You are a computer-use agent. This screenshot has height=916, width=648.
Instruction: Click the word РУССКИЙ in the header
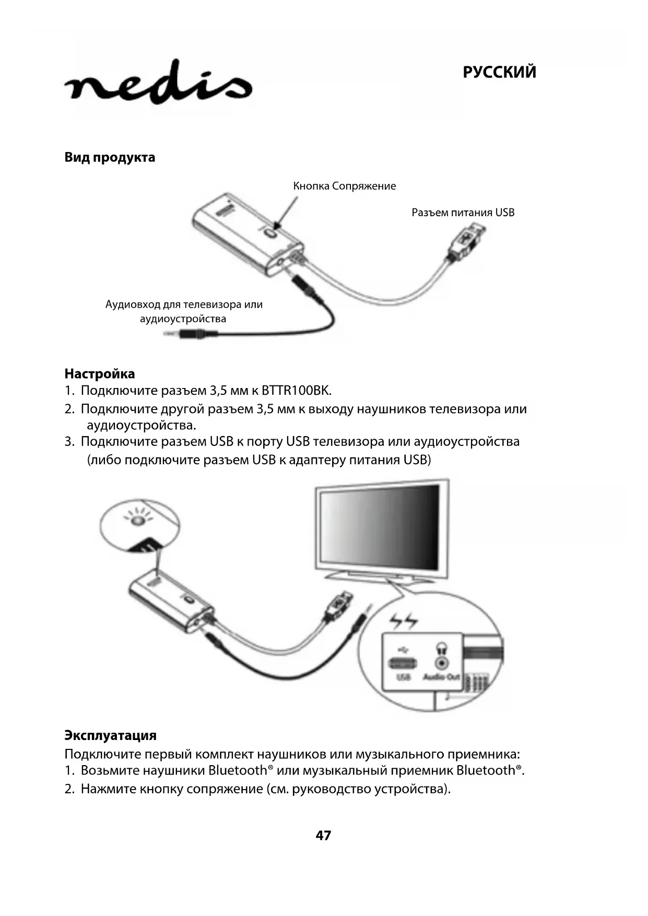(499, 72)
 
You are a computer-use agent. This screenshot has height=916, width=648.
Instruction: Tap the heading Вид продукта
(110, 157)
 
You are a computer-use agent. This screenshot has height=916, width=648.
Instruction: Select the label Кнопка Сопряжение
(344, 186)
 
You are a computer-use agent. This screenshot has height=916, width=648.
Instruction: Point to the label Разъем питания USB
(463, 213)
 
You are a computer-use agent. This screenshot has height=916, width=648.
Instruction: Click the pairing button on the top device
(271, 233)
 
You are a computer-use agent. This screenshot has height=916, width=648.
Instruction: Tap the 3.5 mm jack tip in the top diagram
(172, 333)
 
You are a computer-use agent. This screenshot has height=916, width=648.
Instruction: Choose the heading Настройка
(99, 374)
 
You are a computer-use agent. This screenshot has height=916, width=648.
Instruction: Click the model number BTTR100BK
(296, 391)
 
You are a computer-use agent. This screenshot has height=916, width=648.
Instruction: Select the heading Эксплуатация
(110, 735)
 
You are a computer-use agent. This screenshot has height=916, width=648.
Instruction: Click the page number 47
(323, 836)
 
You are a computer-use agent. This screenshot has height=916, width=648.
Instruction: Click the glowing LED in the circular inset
(137, 521)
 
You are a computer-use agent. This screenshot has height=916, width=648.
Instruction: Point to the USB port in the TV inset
(403, 663)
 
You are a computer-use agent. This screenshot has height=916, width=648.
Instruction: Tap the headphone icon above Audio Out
(442, 648)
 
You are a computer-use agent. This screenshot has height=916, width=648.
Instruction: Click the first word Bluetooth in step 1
(238, 770)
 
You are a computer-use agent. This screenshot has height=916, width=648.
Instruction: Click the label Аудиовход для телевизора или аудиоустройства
(184, 311)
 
